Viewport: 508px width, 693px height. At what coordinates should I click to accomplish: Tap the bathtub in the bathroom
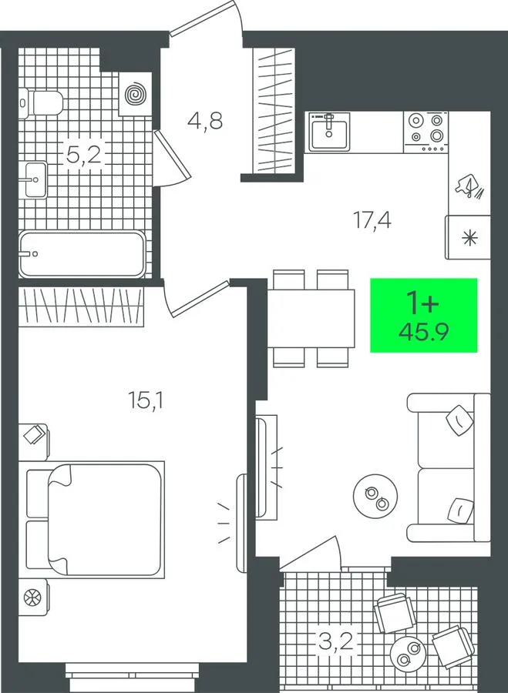pyautogui.click(x=82, y=254)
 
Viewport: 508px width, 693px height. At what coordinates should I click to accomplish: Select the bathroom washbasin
pyautogui.click(x=35, y=180)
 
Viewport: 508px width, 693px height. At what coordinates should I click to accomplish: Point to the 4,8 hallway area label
pyautogui.click(x=205, y=120)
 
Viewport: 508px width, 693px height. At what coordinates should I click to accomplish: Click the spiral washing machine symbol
pyautogui.click(x=136, y=95)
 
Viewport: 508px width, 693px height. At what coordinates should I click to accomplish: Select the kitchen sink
pyautogui.click(x=329, y=131)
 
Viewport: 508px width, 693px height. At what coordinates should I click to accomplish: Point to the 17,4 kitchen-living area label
pyautogui.click(x=372, y=219)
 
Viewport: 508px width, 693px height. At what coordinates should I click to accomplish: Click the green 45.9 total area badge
pyautogui.click(x=423, y=315)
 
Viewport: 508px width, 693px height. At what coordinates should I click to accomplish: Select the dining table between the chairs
pyautogui.click(x=311, y=318)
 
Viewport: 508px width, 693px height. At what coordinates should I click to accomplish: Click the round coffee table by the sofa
pyautogui.click(x=375, y=497)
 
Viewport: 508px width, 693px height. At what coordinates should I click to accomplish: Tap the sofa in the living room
pyautogui.click(x=449, y=467)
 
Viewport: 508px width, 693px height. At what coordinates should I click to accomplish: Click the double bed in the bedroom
pyautogui.click(x=95, y=520)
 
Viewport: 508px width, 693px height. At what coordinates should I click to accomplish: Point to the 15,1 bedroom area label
pyautogui.click(x=146, y=401)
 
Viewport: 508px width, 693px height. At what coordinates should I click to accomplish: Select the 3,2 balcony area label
pyautogui.click(x=336, y=641)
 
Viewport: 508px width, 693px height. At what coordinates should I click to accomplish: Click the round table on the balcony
pyautogui.click(x=408, y=654)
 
